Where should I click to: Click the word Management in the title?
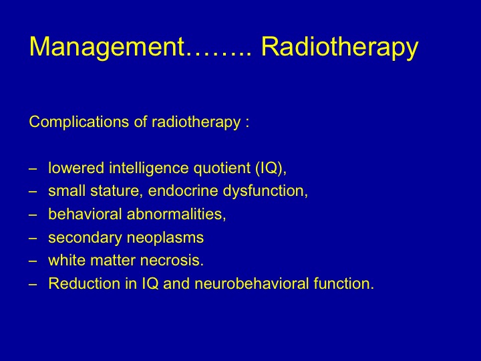click(108, 47)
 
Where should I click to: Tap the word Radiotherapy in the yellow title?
click(339, 47)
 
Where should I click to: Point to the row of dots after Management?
click(218, 54)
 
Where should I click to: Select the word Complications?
click(79, 122)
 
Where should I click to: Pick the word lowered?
click(76, 168)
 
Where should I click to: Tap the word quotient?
click(222, 168)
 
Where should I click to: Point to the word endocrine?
click(183, 191)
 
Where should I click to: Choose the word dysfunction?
click(263, 191)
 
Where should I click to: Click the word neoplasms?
click(165, 238)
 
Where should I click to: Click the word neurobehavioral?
click(252, 283)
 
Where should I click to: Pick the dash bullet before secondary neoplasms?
click(33, 239)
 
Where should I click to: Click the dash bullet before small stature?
click(33, 192)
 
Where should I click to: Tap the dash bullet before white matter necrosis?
click(33, 261)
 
